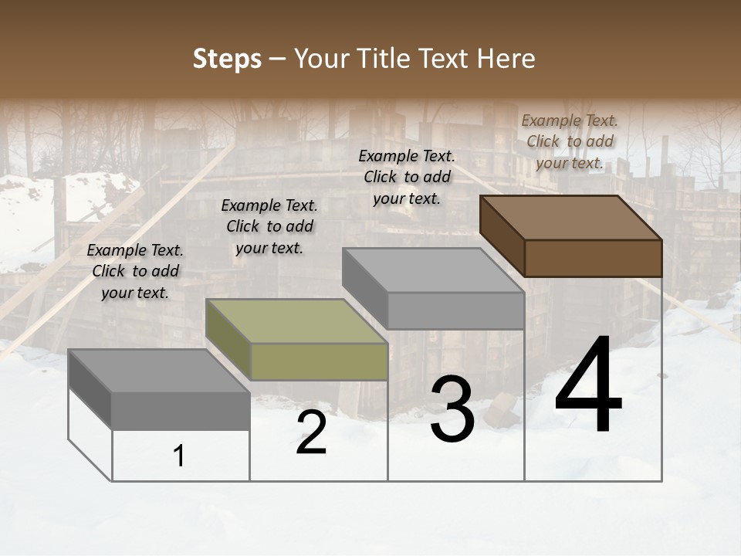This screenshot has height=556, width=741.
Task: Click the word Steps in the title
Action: (227, 59)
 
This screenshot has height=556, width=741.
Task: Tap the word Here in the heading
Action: (506, 59)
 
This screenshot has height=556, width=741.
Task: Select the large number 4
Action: (588, 387)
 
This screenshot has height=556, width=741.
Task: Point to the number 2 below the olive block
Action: (311, 432)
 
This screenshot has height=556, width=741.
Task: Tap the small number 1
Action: (179, 456)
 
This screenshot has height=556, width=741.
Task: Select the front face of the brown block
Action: (593, 258)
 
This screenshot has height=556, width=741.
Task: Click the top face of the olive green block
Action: (296, 321)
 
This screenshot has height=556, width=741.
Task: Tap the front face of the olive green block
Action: (319, 361)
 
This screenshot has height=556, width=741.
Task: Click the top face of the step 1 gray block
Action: (159, 371)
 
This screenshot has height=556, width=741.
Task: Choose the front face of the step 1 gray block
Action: (181, 411)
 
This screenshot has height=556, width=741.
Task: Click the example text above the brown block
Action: (570, 141)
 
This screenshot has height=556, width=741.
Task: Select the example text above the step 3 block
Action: (407, 177)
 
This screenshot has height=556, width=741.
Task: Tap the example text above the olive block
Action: (269, 226)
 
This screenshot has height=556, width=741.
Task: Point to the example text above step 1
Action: (135, 271)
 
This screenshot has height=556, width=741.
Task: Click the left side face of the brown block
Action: (502, 236)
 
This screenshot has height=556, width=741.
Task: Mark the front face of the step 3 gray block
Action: (456, 310)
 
